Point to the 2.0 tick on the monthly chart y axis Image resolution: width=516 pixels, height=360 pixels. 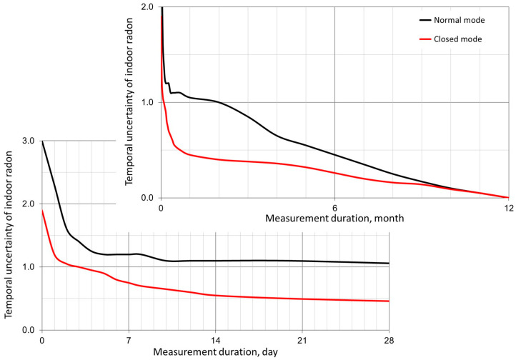pyautogui.click(x=148, y=7)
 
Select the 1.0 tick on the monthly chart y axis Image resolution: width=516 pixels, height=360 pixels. pyautogui.click(x=148, y=102)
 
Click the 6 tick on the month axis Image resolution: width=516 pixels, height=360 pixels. pyautogui.click(x=334, y=208)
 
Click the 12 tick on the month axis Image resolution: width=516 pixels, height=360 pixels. pyautogui.click(x=508, y=208)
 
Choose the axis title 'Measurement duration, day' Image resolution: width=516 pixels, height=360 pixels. pyautogui.click(x=215, y=352)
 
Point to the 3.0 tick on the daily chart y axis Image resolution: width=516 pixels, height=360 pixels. pyautogui.click(x=29, y=141)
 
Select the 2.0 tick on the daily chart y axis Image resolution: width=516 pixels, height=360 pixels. pyautogui.click(x=29, y=204)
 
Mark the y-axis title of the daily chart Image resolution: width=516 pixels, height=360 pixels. pyautogui.click(x=10, y=236)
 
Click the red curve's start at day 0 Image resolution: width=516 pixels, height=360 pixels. pyautogui.click(x=42, y=211)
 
